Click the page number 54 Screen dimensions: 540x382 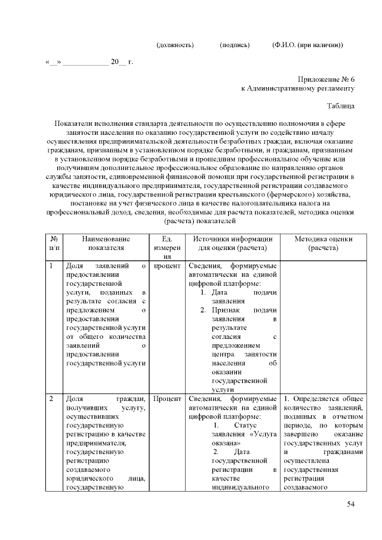pos(351,505)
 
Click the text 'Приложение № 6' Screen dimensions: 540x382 pos(326,79)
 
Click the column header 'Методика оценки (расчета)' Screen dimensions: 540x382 pos(323,243)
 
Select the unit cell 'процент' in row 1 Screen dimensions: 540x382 pos(167,266)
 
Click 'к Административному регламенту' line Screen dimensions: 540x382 pos(298,88)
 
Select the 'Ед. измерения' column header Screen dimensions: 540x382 pos(167,248)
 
